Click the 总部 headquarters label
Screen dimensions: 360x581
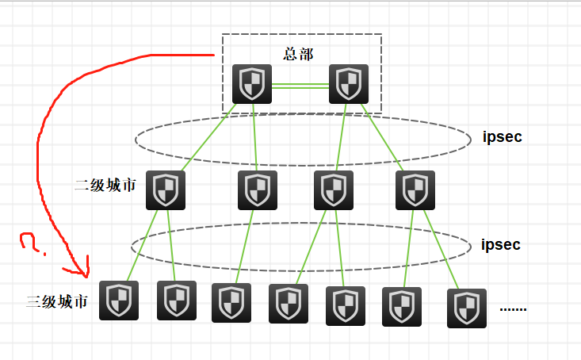point(298,55)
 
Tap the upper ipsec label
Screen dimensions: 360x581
point(503,136)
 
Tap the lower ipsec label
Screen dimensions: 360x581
point(501,244)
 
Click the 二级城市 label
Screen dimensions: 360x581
point(105,186)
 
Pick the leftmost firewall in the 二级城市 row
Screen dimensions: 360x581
point(166,190)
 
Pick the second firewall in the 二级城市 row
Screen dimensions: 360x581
point(258,190)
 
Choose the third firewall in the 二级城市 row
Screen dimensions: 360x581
point(334,190)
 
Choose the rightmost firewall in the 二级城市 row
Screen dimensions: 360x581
point(415,190)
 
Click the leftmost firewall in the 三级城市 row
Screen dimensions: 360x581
point(119,301)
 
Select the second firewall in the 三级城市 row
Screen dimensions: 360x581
point(177,301)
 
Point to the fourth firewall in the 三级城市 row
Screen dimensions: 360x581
point(289,304)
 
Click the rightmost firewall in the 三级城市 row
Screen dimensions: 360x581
point(466,308)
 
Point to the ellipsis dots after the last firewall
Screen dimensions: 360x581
point(513,308)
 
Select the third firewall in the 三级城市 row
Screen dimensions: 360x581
point(231,303)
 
